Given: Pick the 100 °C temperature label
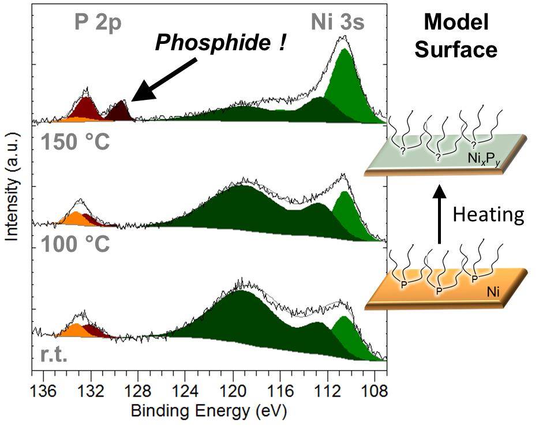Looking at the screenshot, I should [75, 244].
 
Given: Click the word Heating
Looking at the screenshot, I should [488, 215].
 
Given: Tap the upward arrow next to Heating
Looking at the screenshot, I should [439, 213].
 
